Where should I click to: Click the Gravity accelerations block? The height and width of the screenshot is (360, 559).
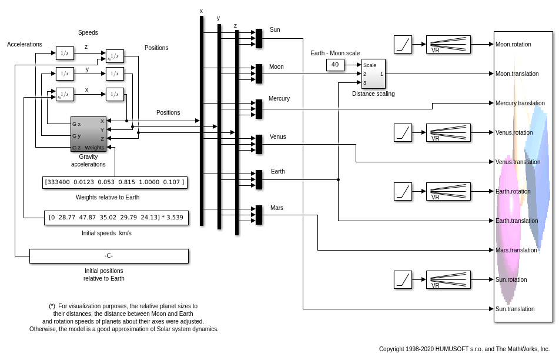coord(88,134)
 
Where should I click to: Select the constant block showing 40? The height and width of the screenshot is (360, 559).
coord(335,65)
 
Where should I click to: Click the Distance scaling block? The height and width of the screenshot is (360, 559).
coord(373,74)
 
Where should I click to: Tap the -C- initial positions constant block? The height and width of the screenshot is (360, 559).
coord(109,256)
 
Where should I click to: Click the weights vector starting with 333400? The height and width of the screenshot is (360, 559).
coord(115,182)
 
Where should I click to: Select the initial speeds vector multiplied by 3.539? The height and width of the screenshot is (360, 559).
coord(116,218)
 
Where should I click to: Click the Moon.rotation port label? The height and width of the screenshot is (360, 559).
coord(513,44)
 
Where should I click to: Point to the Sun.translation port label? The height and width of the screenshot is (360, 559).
coord(515,309)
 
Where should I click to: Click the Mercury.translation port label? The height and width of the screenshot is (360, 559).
coord(520,103)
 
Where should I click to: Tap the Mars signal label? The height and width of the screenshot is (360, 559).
coord(277,208)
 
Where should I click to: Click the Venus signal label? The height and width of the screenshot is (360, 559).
coord(278,136)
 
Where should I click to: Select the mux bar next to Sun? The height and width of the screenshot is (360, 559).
coord(259,38)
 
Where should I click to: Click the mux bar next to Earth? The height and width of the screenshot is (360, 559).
coord(259,179)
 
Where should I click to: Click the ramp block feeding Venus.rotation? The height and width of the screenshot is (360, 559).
coord(403,132)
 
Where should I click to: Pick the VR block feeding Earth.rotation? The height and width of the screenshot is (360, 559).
coord(448,191)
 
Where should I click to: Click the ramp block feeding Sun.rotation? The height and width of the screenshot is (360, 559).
coord(403,279)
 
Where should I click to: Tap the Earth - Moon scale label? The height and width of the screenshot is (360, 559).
coord(335,53)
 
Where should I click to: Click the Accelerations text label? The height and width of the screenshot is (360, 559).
coord(25,44)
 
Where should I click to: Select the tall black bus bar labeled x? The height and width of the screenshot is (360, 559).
coord(202,121)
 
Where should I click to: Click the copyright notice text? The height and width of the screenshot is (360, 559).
coord(464,349)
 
